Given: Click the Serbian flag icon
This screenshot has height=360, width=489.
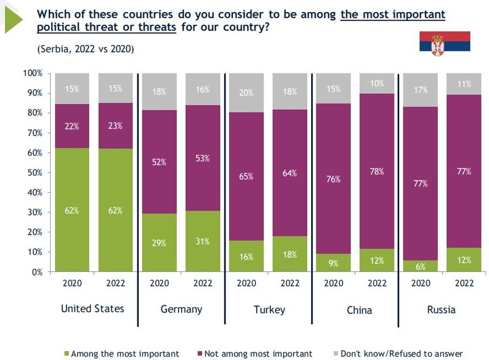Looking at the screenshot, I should click(x=444, y=44).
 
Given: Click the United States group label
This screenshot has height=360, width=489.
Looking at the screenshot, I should click(x=93, y=309).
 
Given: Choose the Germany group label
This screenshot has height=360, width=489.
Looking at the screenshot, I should click(x=181, y=309).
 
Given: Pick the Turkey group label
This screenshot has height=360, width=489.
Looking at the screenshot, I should click(x=269, y=310).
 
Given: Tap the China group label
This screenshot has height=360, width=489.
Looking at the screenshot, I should click(x=359, y=311).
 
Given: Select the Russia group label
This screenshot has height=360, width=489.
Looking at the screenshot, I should click(x=441, y=310).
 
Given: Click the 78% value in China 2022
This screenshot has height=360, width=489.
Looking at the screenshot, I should click(x=377, y=171).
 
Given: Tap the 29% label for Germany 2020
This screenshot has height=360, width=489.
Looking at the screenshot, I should click(x=159, y=243).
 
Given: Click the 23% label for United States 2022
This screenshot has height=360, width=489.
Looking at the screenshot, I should click(x=116, y=126).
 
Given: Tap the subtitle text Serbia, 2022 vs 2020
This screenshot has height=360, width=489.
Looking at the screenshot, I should click(x=86, y=49).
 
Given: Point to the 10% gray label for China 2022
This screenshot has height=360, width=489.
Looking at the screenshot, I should click(x=377, y=84).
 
